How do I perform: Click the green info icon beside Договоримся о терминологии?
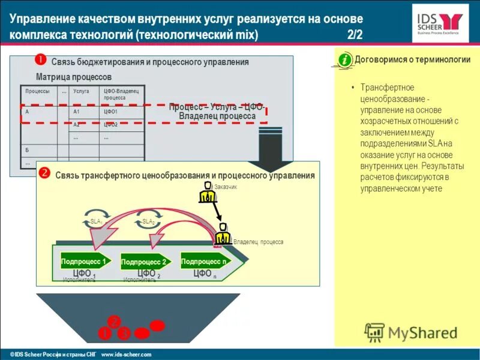click(344, 60)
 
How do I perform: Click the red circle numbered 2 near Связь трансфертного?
click(44, 173)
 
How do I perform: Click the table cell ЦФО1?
click(110, 112)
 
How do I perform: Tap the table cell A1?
click(77, 112)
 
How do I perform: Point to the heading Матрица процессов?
click(73, 77)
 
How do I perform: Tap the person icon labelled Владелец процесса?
click(223, 235)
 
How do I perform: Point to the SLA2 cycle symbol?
click(148, 221)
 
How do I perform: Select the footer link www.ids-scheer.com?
click(127, 355)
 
